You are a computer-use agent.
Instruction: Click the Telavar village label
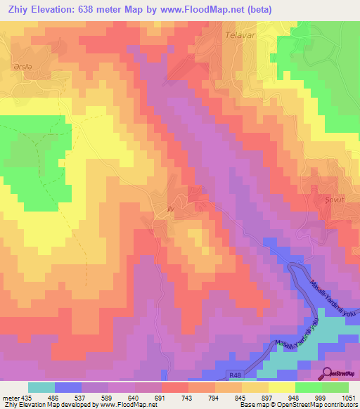pyautogui.click(x=238, y=34)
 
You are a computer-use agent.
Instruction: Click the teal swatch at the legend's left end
pyautogui.click(x=41, y=387)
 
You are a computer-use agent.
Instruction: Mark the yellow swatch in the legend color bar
pyautogui.click(x=281, y=387)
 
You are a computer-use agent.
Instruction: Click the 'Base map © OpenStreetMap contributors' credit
pyautogui.click(x=297, y=405)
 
